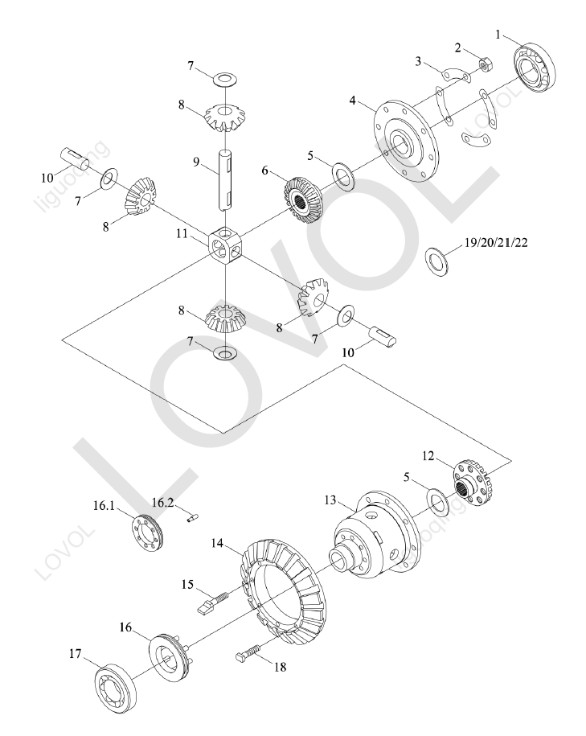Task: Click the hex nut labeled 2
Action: (486, 63)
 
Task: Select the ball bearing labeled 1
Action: (537, 66)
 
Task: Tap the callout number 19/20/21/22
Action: (495, 242)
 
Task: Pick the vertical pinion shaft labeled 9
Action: (226, 179)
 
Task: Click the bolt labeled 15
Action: (212, 603)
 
